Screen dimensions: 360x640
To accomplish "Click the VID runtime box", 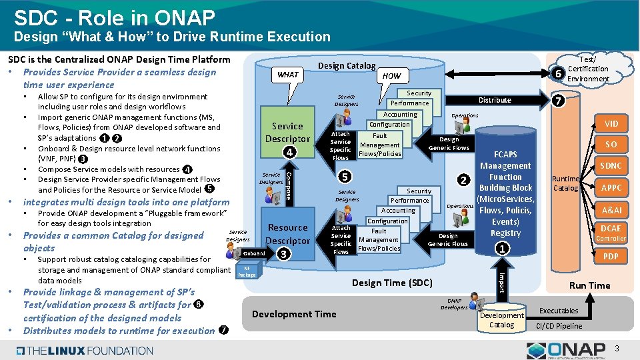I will coord(611,123).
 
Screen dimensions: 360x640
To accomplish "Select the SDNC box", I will coord(611,165).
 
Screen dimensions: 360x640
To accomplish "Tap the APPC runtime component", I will coord(611,187).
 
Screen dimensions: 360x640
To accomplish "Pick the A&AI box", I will coord(611,210).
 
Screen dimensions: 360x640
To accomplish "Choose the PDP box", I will coord(611,256).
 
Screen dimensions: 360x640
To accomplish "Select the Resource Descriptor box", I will coord(287,235).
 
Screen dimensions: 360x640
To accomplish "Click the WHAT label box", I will coord(288,75).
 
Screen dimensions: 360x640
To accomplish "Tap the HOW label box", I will coord(392,76).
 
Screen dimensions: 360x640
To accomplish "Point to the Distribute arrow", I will coord(495,100).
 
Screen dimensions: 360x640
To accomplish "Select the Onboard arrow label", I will coord(254,253).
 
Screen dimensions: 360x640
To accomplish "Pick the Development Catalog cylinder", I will coord(501,319).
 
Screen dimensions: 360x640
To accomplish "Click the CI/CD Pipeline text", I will coord(559,326).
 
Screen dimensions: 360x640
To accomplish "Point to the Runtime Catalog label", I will coord(566,183).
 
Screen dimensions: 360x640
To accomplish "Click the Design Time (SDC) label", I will coord(392,283).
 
